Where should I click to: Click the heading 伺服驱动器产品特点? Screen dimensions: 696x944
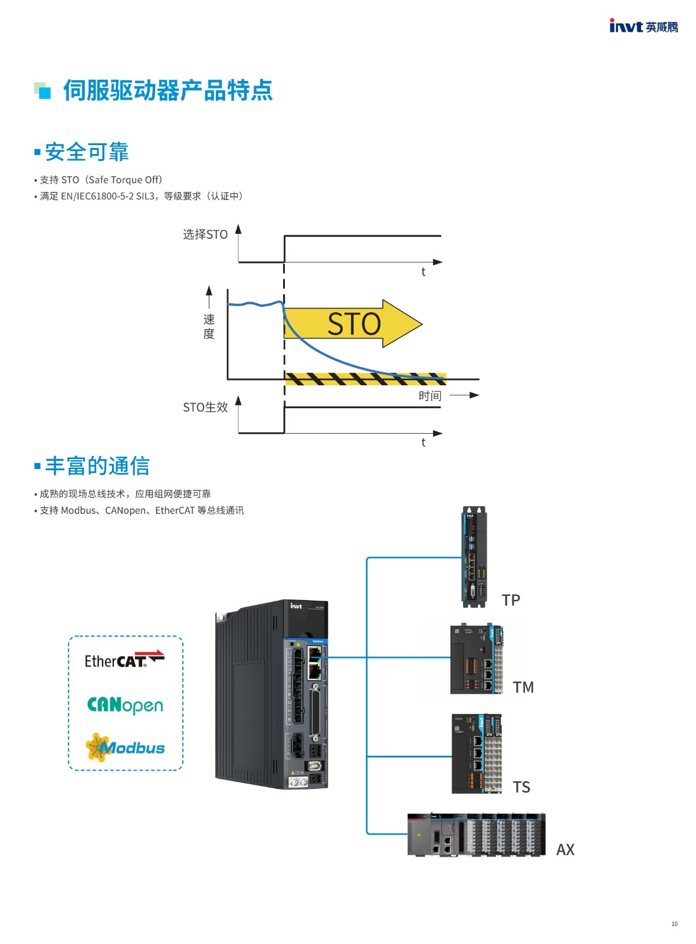coord(168,90)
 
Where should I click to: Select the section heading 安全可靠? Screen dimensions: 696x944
coord(86,152)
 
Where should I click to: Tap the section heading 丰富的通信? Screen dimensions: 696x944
coord(97,466)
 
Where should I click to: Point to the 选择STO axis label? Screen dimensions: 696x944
coord(205,234)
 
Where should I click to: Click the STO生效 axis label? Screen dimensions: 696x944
coord(205,407)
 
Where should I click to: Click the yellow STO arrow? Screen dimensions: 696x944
coord(353,324)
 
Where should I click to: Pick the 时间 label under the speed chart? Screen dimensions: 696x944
coord(430,396)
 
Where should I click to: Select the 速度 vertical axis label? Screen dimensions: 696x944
coord(209,327)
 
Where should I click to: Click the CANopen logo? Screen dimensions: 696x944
coord(125,706)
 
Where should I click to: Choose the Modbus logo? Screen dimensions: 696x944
coord(125,748)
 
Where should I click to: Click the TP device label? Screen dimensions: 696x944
coord(511,600)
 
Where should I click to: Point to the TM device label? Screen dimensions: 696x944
coord(523,687)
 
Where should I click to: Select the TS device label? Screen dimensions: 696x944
coord(521,787)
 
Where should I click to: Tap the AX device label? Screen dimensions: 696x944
coord(566,850)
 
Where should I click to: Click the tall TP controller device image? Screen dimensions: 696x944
coord(474,557)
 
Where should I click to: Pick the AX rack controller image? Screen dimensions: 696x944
coord(477,834)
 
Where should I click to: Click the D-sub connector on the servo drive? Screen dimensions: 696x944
coord(314,713)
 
